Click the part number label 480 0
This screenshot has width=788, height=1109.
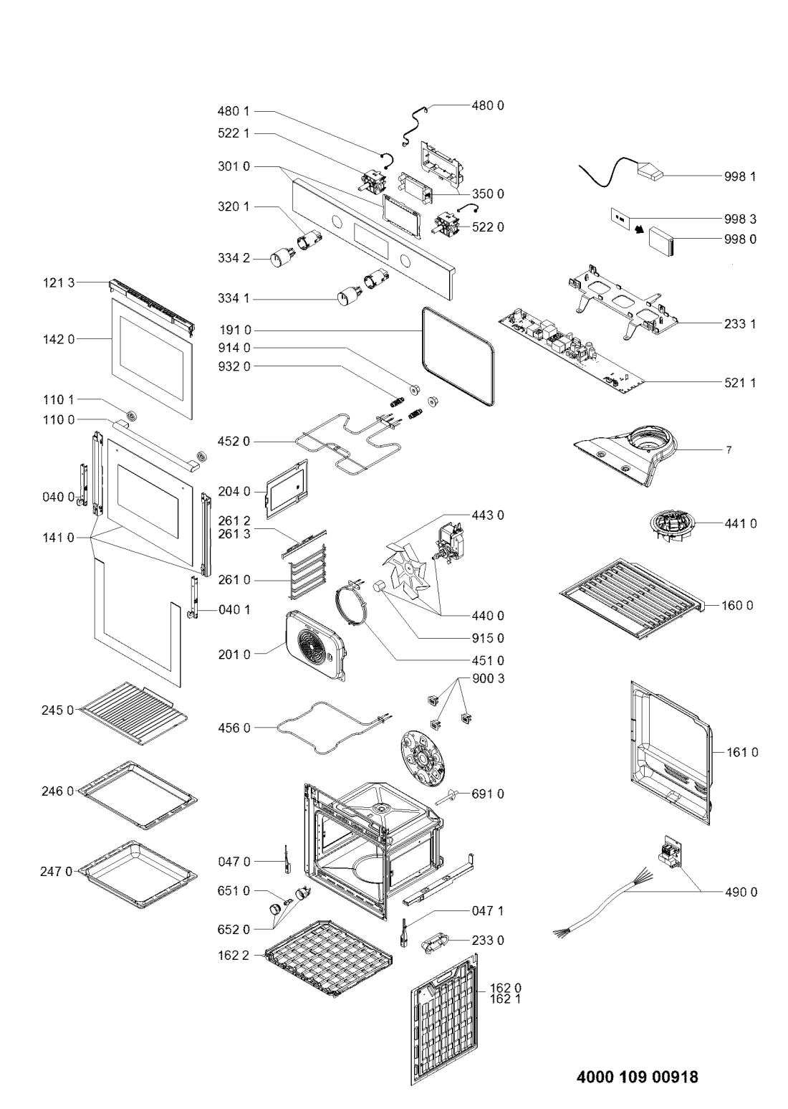(488, 105)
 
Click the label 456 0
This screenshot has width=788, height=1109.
(234, 728)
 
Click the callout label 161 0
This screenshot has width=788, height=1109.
(744, 752)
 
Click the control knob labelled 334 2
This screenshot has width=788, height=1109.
(278, 259)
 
